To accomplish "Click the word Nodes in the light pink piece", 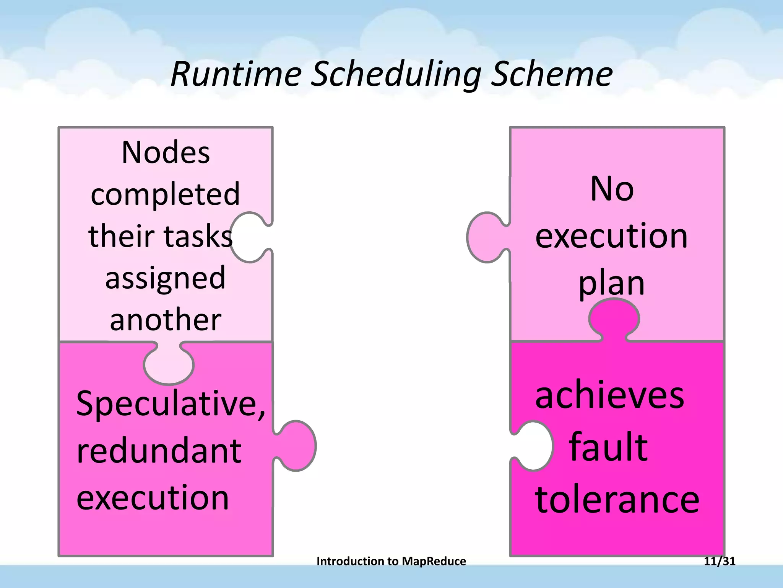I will [x=166, y=152].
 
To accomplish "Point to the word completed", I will [x=165, y=194].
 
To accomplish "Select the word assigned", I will [x=165, y=278].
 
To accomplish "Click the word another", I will [x=165, y=320].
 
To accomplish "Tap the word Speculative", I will [x=170, y=404].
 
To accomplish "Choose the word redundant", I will [x=159, y=451].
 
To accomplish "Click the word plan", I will [x=611, y=284].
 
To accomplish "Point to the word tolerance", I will [x=617, y=500].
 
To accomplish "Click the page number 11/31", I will [x=720, y=561].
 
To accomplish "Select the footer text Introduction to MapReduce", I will [x=391, y=561].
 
